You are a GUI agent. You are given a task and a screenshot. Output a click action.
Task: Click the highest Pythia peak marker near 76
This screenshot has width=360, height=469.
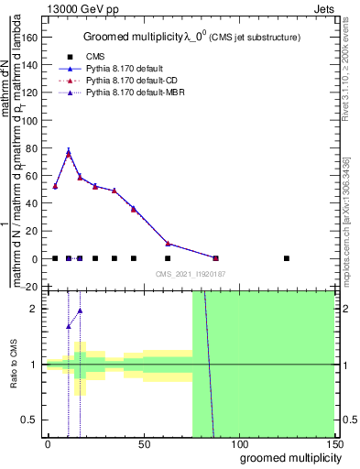(68, 154)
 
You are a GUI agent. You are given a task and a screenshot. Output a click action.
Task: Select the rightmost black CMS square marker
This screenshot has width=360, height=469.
(287, 258)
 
